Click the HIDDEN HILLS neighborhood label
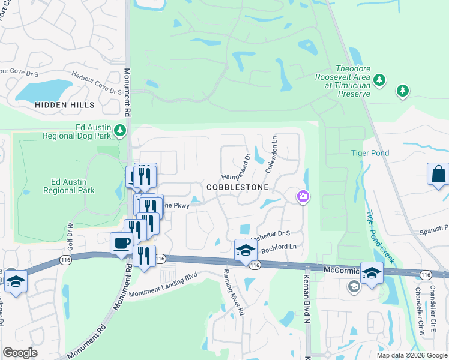65,105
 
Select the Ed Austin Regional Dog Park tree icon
121,130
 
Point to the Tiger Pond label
370,153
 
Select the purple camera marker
303,196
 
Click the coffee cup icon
122,243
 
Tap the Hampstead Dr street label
235,167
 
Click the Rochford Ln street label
280,248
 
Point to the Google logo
20,353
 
